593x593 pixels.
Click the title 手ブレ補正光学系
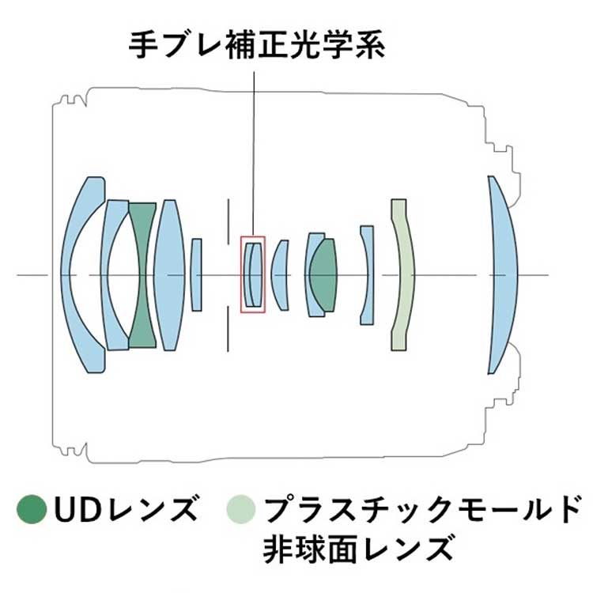(x=257, y=45)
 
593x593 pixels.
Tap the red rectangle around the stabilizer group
(x=241, y=275)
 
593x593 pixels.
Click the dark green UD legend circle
(x=32, y=509)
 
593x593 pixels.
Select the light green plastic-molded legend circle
(x=241, y=509)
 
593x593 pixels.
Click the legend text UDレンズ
(x=127, y=509)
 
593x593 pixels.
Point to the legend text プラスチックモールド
(x=421, y=509)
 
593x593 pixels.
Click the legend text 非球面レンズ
(x=357, y=549)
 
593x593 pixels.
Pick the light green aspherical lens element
(x=403, y=275)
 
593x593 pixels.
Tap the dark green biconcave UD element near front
(x=143, y=275)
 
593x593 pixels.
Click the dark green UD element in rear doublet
(x=323, y=275)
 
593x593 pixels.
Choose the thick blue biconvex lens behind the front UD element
(x=169, y=275)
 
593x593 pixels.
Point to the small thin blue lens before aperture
(x=196, y=275)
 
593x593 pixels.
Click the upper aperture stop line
(x=228, y=221)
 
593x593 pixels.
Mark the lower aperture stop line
(x=228, y=329)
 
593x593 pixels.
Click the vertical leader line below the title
(x=254, y=154)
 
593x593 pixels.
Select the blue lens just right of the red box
(x=281, y=275)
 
